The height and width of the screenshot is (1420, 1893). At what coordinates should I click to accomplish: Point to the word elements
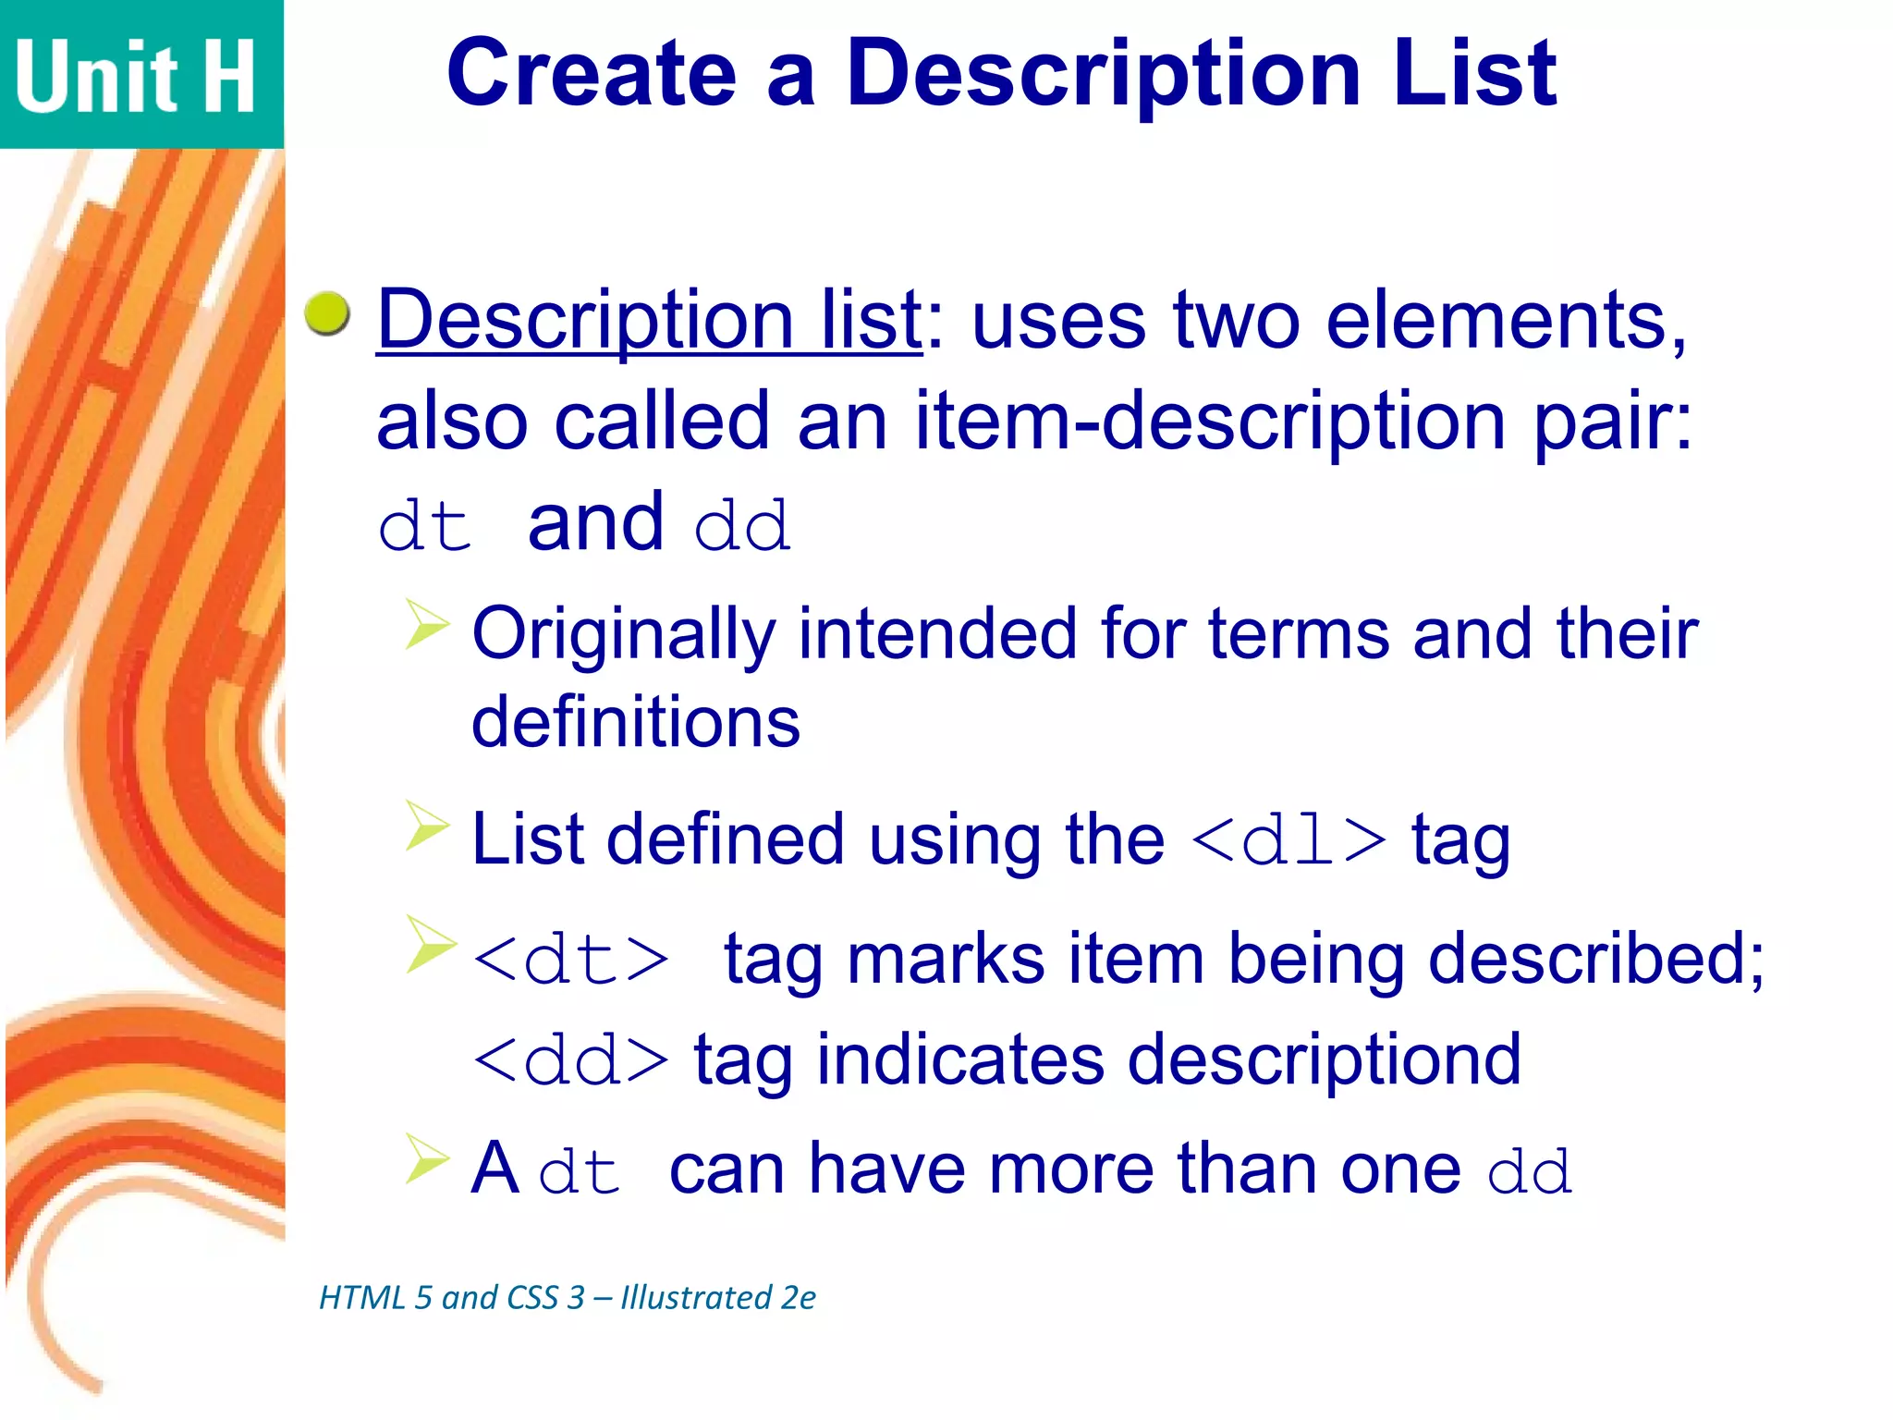pyautogui.click(x=1507, y=320)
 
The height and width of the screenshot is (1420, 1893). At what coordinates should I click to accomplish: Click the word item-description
pyautogui.click(x=1211, y=421)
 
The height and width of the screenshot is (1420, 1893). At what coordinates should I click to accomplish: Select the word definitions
pyautogui.click(x=636, y=721)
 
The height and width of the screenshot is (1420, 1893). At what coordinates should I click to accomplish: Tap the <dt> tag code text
pyautogui.click(x=570, y=960)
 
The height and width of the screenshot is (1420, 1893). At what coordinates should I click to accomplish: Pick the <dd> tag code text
pyautogui.click(x=570, y=1060)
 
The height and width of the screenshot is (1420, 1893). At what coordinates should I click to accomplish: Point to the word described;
pyautogui.click(x=1596, y=959)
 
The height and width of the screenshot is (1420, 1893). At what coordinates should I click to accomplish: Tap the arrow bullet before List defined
pyautogui.click(x=427, y=825)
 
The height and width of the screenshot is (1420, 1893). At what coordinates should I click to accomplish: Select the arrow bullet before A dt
pyautogui.click(x=427, y=1159)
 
